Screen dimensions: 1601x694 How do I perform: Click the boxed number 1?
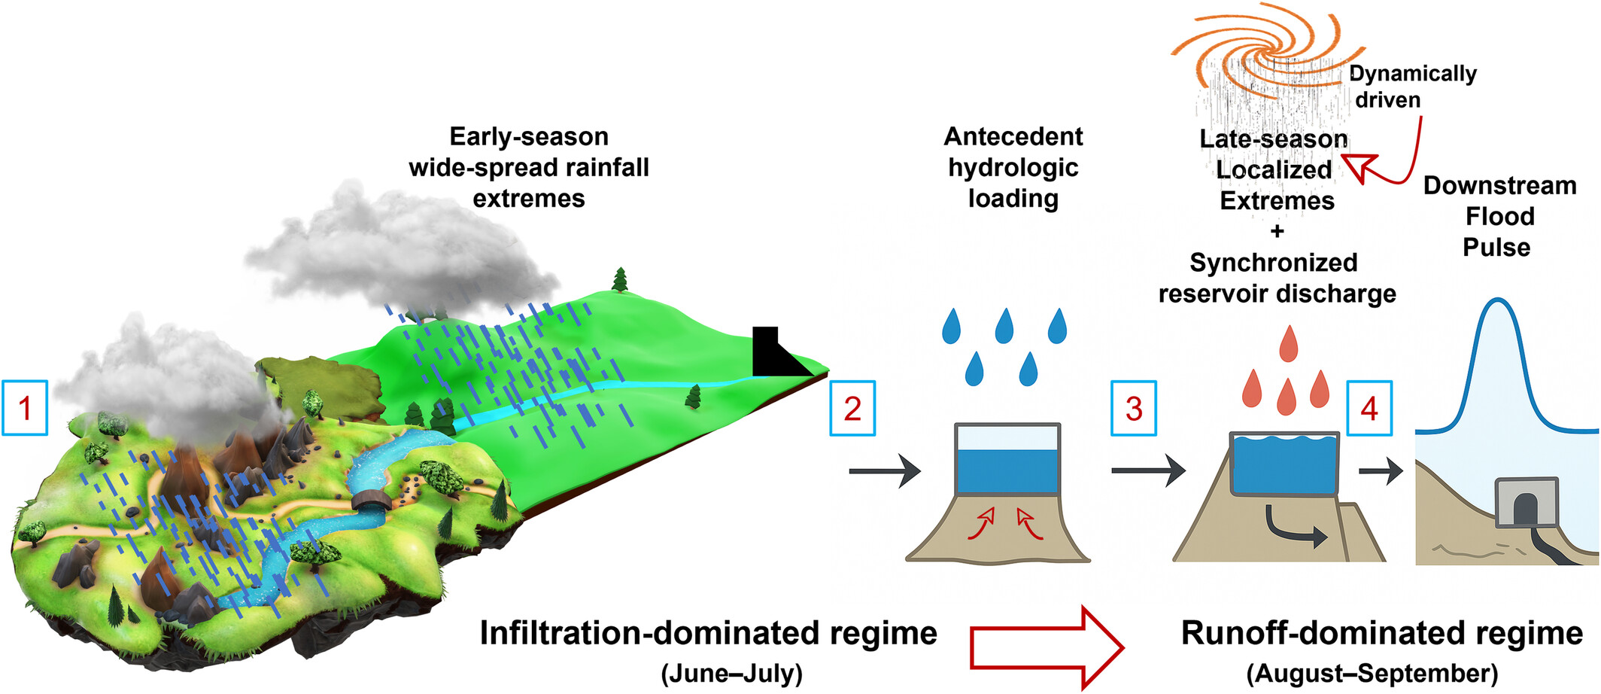pyautogui.click(x=25, y=408)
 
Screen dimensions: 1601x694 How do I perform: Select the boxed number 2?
pyautogui.click(x=852, y=408)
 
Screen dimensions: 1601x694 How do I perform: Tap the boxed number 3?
pyautogui.click(x=1134, y=408)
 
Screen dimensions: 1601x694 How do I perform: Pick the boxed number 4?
pyautogui.click(x=1369, y=408)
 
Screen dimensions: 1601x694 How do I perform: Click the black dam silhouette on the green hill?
pyautogui.click(x=775, y=354)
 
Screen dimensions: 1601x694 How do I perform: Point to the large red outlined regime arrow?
pyautogui.click(x=1047, y=647)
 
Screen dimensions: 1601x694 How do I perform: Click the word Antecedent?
pyautogui.click(x=1013, y=136)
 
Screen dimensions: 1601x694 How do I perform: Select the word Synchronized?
pyautogui.click(x=1274, y=263)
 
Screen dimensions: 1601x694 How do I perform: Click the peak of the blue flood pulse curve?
pyautogui.click(x=1499, y=300)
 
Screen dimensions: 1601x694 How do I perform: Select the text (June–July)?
pyautogui.click(x=732, y=673)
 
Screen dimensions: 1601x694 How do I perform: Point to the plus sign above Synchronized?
pyautogui.click(x=1277, y=231)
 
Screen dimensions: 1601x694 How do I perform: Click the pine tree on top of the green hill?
pyautogui.click(x=620, y=279)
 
